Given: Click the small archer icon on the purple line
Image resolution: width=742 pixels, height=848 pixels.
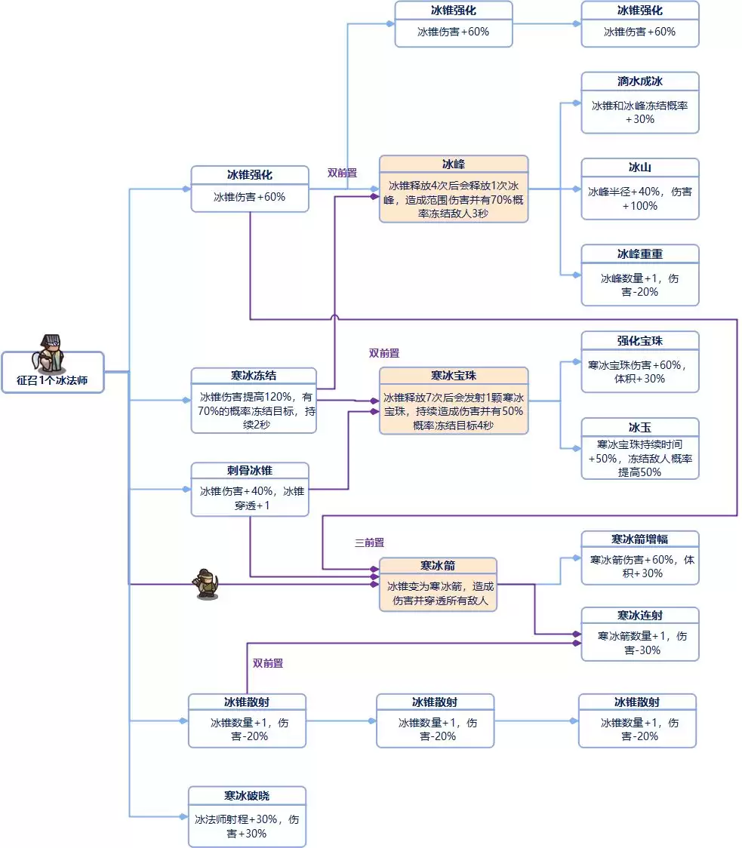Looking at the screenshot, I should coord(207,583).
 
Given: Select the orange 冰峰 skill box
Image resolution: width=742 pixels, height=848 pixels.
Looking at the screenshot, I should coord(453,189).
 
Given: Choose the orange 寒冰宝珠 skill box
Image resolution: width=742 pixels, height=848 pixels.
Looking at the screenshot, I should coord(453,401).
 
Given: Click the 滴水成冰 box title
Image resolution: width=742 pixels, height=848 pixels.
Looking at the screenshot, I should coord(639,81).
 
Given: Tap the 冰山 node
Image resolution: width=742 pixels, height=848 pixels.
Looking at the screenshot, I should coord(639,189).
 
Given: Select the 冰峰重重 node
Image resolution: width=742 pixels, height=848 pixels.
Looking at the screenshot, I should coord(639,275).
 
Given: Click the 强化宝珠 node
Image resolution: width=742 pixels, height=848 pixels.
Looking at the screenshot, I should coord(639,362).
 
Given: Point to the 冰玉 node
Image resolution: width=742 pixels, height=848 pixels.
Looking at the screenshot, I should coord(639,448).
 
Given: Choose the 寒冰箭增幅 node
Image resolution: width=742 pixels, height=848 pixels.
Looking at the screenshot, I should coord(639,558).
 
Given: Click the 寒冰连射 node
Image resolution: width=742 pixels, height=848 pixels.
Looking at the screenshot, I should coord(639,634).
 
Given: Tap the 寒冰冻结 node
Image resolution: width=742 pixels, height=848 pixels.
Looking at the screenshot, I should coord(253,401).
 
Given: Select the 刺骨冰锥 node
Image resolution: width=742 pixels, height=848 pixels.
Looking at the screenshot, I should coord(250,489).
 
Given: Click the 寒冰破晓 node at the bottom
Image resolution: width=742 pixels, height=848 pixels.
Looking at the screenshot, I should coord(247,817).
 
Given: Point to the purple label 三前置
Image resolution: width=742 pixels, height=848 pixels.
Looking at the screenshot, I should coord(370,542).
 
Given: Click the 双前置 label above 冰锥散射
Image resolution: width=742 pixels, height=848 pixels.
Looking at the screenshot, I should coord(268,663).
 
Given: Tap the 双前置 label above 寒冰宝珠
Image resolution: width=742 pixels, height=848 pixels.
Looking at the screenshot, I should coord(384,353).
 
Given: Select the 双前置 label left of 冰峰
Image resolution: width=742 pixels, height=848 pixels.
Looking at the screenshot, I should coord(342,173).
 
